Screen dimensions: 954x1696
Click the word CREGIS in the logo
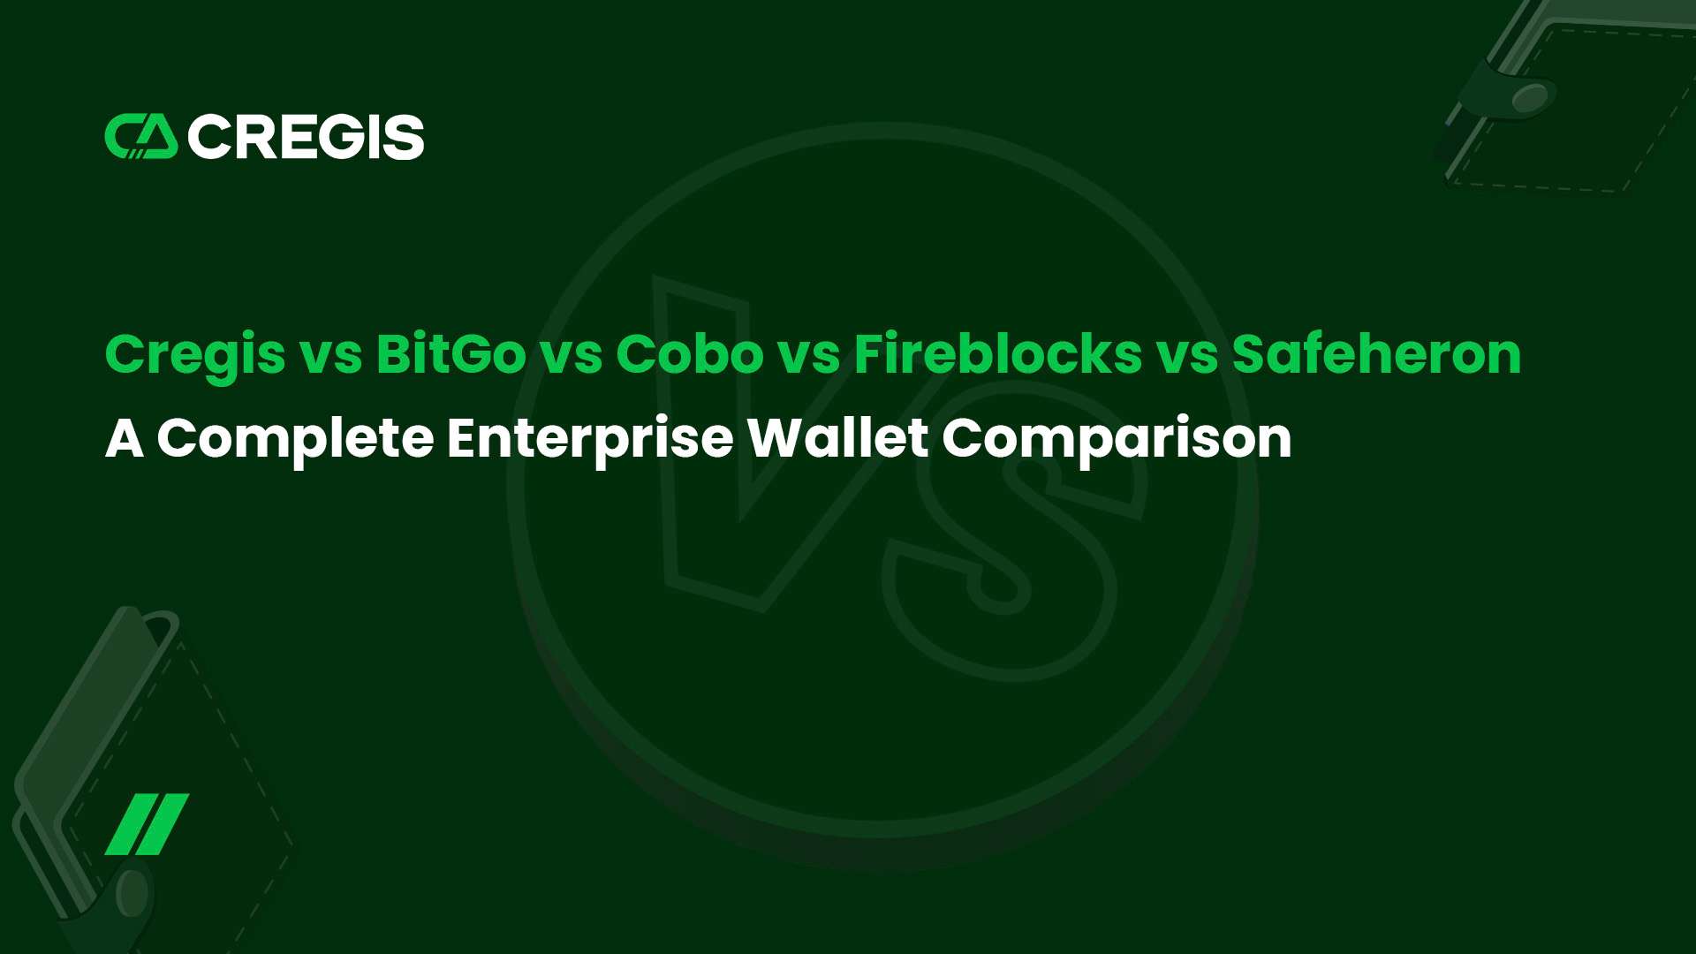(306, 137)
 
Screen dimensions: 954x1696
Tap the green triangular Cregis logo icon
(141, 137)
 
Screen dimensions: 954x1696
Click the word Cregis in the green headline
(195, 354)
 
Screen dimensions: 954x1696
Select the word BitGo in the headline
(451, 354)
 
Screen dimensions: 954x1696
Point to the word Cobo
(689, 354)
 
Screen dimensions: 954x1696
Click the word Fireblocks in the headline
(998, 354)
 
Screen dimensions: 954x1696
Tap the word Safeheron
(1376, 354)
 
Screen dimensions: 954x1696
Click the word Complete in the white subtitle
(295, 438)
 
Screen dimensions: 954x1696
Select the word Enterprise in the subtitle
(589, 438)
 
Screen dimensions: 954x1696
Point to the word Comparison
(1117, 438)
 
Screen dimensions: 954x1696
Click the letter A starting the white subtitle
(124, 438)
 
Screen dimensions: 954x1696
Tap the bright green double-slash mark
(147, 824)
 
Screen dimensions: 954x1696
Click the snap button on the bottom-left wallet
(132, 892)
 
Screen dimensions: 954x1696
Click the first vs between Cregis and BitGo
(330, 354)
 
